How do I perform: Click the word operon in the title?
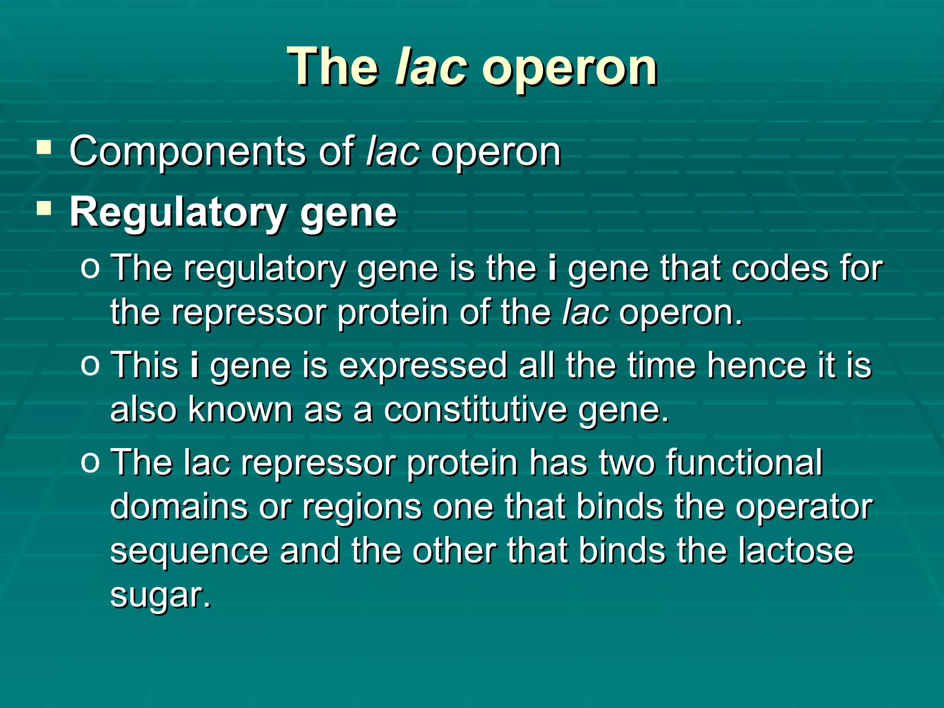click(x=570, y=69)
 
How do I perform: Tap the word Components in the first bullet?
click(x=188, y=152)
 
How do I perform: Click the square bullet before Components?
click(x=44, y=147)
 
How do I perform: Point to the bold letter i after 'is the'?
click(x=552, y=268)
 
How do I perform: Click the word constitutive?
click(x=475, y=409)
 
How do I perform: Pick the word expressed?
click(x=423, y=365)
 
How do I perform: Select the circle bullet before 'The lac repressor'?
click(x=90, y=462)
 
